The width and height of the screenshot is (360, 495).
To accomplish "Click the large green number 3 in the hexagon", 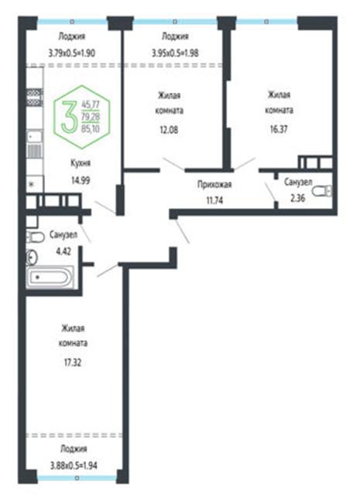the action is tap(69, 117).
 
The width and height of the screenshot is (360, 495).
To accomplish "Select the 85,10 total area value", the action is tap(91, 128).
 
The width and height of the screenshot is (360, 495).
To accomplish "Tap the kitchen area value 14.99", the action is tap(81, 180).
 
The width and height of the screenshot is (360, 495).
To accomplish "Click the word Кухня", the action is tap(81, 163).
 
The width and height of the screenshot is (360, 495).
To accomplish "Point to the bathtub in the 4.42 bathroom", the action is tap(50, 278).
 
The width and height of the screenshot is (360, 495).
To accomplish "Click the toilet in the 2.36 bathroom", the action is tap(322, 191).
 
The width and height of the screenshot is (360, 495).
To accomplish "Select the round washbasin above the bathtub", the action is tap(32, 257).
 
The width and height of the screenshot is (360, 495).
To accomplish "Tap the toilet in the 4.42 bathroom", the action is tap(35, 237).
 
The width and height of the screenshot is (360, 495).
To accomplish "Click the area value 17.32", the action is tap(73, 363).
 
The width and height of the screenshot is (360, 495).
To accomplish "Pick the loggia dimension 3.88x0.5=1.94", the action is tap(74, 465).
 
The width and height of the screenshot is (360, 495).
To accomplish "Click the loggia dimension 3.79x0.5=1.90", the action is tap(72, 53).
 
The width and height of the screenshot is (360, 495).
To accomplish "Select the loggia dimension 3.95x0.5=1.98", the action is tap(175, 53).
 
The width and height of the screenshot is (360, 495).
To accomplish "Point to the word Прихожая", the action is tap(214, 184).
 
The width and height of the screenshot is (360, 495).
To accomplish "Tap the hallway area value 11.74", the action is tap(214, 200).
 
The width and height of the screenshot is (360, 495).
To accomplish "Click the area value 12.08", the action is tap(169, 129).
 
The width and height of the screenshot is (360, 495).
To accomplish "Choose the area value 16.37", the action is tap(279, 129).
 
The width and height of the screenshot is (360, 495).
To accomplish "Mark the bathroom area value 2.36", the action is tap(298, 198).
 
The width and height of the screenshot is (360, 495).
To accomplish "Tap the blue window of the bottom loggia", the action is tap(77, 478).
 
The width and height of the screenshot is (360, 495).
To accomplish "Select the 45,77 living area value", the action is tap(91, 104).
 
